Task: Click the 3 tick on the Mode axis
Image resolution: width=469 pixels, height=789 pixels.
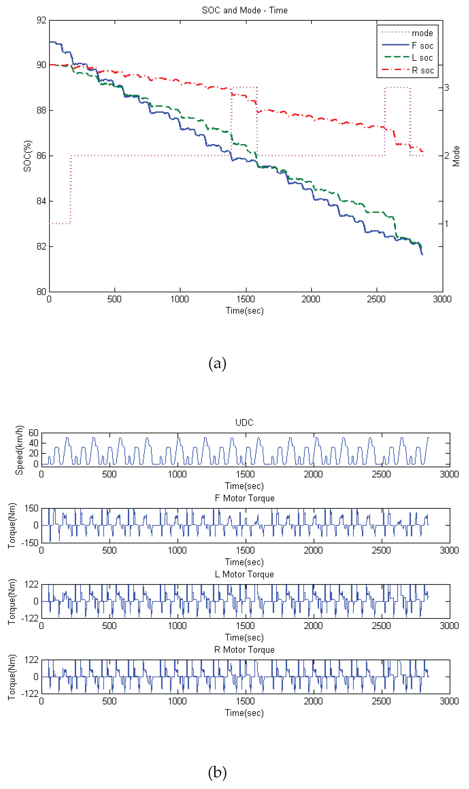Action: pos(446,88)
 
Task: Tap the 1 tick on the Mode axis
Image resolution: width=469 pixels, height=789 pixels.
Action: pos(446,224)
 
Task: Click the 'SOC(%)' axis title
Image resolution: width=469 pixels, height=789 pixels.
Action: pos(28,156)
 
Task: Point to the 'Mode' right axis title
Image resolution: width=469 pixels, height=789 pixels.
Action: pos(456,156)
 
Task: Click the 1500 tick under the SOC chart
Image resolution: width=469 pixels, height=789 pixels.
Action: pos(246,299)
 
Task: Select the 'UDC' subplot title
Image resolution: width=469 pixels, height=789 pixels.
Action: pos(244,423)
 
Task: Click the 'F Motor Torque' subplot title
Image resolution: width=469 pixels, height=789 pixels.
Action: pos(244,498)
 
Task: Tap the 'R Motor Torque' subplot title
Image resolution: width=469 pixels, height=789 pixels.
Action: pos(244,650)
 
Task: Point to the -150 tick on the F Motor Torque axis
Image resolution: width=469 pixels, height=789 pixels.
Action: pos(30,543)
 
